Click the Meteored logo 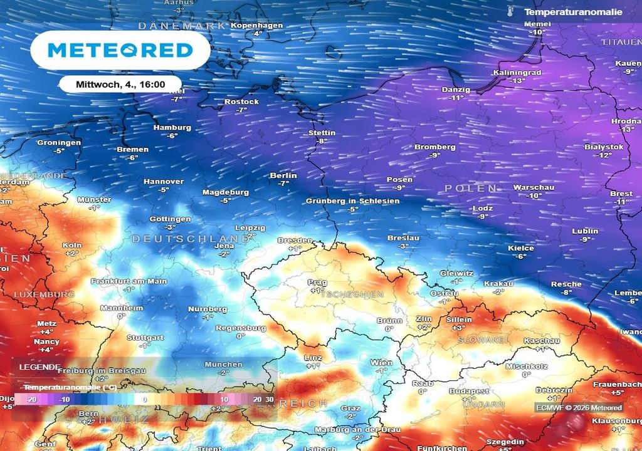pos(120,50)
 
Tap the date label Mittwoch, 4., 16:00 pos(120,84)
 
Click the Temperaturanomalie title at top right pos(573,12)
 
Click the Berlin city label pos(283,176)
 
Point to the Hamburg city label pos(172,128)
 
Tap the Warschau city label pos(534,187)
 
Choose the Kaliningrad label pos(517,73)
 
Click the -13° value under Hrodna pos(626,130)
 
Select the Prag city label pos(317,283)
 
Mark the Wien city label pos(381,363)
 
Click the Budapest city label pos(468,391)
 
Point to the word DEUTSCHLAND pos(190,239)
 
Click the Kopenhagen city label pos(257,25)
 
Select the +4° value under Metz pos(47,331)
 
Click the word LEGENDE pos(39,367)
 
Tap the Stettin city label pos(322,133)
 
